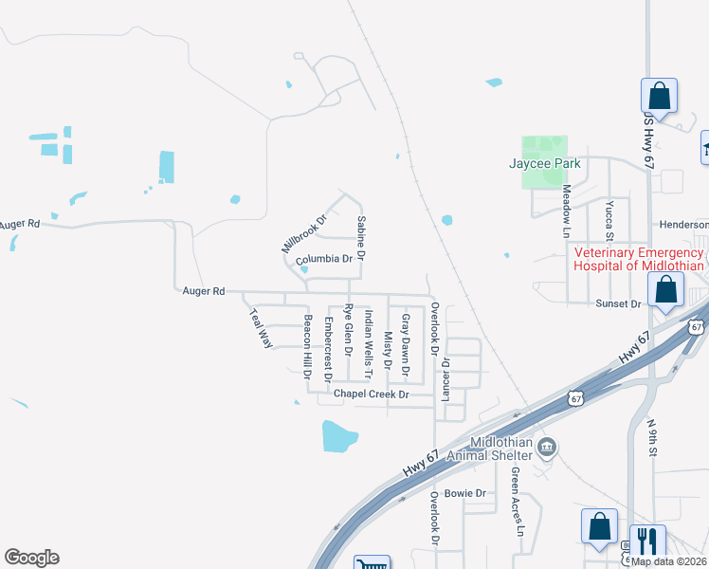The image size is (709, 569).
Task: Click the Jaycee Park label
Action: click(x=545, y=163)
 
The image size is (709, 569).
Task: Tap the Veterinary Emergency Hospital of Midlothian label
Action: click(x=639, y=259)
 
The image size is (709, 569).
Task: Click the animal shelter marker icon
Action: click(x=547, y=447)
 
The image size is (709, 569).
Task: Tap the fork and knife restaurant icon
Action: click(x=647, y=541)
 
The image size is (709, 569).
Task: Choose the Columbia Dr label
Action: click(x=323, y=259)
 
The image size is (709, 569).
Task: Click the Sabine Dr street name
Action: click(x=360, y=239)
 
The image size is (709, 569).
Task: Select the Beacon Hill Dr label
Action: click(x=306, y=346)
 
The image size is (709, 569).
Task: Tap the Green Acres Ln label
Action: click(x=518, y=501)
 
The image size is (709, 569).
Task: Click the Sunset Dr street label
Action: click(x=619, y=303)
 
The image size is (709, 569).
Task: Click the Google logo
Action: click(x=31, y=558)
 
